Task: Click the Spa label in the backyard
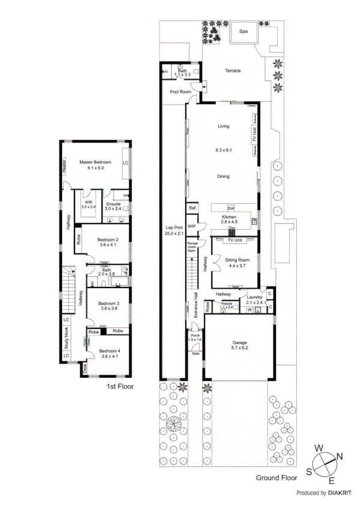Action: (x=244, y=31)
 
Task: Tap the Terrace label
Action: (x=233, y=71)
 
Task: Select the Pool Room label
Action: (x=180, y=92)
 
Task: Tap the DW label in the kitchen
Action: (x=231, y=208)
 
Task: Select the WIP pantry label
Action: (x=192, y=226)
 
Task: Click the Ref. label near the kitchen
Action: (x=193, y=208)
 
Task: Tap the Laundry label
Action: (x=255, y=297)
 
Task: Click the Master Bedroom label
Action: (x=96, y=162)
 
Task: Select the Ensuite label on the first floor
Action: (x=113, y=204)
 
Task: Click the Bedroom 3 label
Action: (x=109, y=303)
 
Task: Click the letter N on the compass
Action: (x=339, y=456)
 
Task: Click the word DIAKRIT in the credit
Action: (x=340, y=493)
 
